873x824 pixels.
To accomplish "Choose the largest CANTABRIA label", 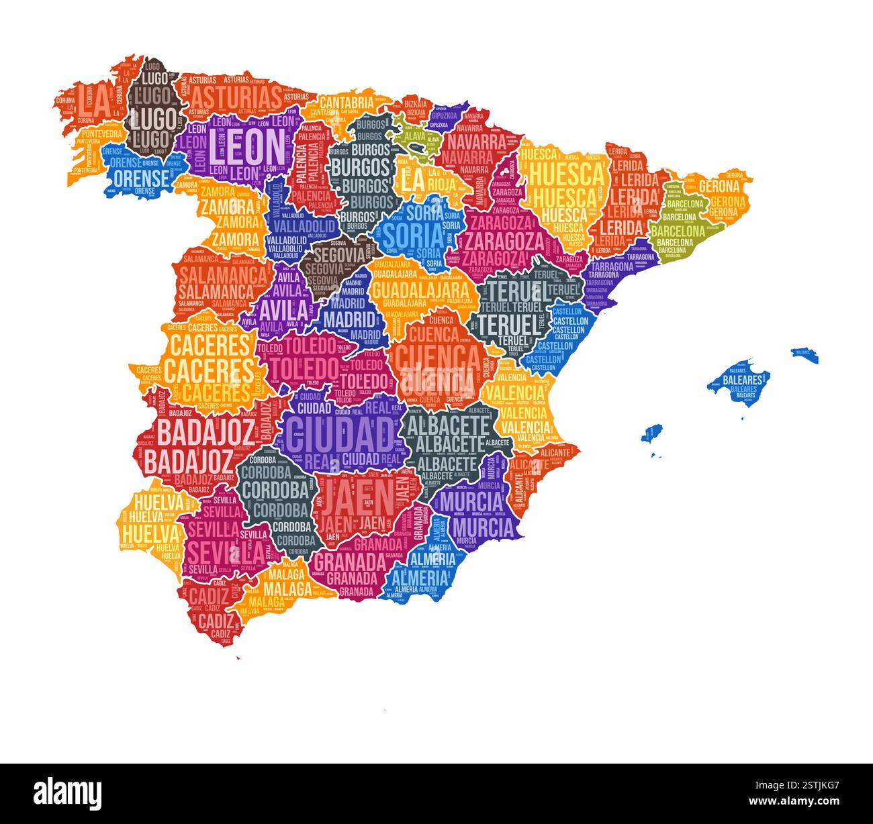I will point(346,102).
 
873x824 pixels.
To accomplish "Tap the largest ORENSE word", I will point(141,178).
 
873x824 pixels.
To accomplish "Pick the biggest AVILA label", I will point(284,310).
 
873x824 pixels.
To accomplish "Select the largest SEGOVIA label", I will point(332,255).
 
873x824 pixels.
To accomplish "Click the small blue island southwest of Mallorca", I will point(651,433).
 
